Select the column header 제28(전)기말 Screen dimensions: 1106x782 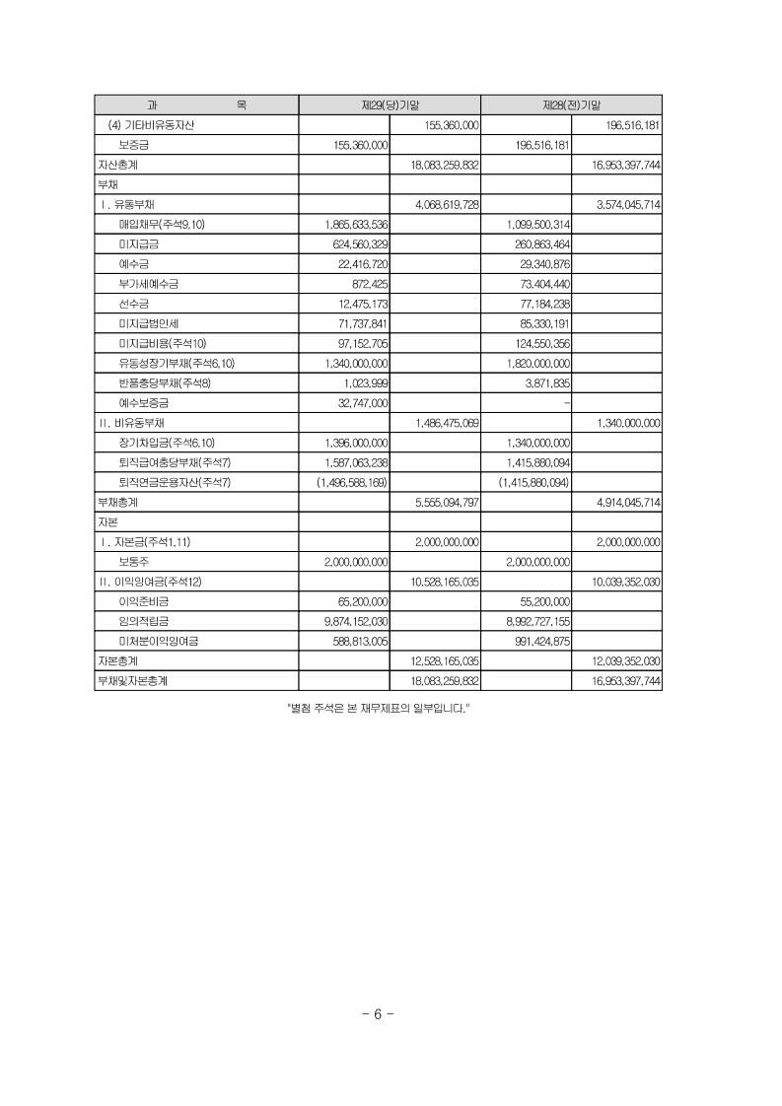[x=571, y=104]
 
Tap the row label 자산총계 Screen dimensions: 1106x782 [x=117, y=165]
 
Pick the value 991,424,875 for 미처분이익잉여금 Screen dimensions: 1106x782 [x=536, y=641]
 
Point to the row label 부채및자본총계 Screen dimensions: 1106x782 [x=132, y=680]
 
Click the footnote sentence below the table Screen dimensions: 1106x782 [x=377, y=708]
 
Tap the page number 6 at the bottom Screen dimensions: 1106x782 [x=378, y=1014]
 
